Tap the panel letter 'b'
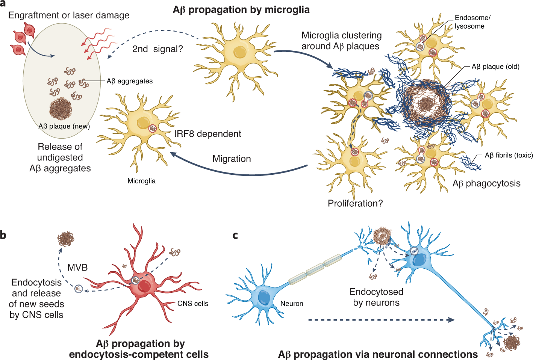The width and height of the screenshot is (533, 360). click(3, 235)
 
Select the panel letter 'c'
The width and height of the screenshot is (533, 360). click(235, 235)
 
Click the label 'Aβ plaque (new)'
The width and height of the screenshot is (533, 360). click(64, 126)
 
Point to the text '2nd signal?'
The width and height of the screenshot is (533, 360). click(157, 49)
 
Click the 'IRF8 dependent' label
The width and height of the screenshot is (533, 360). click(207, 134)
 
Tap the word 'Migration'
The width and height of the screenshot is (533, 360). click(232, 159)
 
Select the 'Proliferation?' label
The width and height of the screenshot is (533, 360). click(355, 203)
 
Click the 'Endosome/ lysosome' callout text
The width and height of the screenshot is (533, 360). click(472, 22)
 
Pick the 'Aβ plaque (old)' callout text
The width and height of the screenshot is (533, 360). click(495, 67)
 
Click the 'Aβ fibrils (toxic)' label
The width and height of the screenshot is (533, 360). click(509, 155)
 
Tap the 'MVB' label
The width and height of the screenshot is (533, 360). click(77, 268)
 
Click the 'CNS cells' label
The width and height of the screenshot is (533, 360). click(193, 304)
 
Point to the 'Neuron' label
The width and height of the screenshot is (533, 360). click(292, 304)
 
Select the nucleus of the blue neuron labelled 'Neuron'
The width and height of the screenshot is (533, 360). click(264, 298)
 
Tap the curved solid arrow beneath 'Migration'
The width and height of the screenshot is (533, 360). click(237, 172)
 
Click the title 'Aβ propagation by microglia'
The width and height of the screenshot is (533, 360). click(241, 10)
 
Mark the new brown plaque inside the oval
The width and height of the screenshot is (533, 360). click(61, 109)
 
